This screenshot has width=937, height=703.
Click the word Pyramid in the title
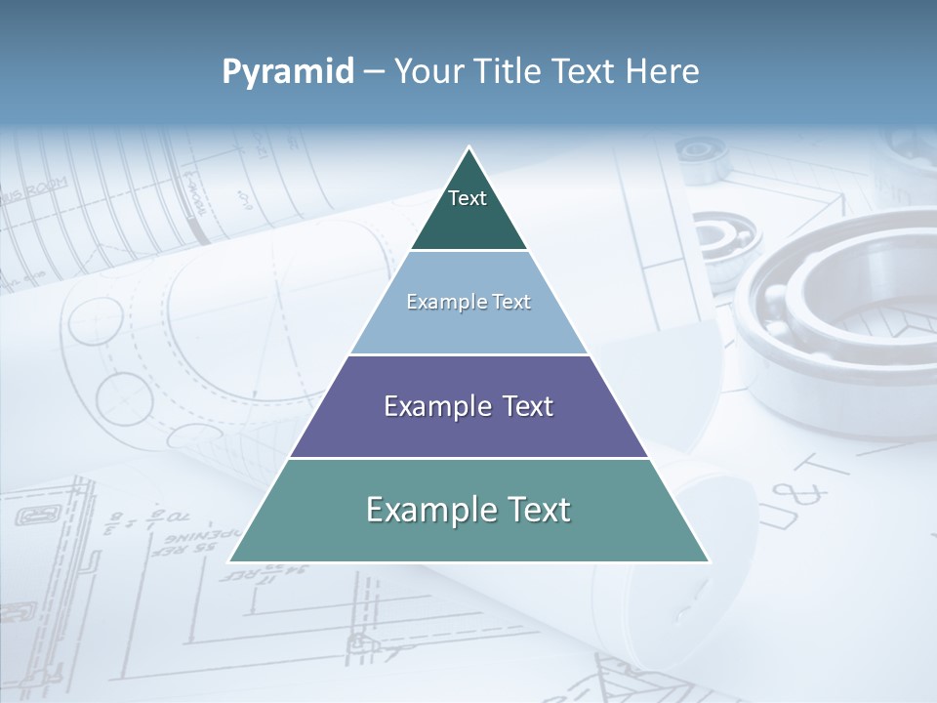[288, 72]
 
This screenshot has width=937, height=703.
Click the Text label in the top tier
[468, 198]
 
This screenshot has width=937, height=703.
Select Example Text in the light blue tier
[468, 302]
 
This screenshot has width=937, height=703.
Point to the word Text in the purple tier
[527, 406]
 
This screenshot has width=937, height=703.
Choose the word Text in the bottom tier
[538, 510]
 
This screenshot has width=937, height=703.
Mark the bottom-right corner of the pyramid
[709, 561]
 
